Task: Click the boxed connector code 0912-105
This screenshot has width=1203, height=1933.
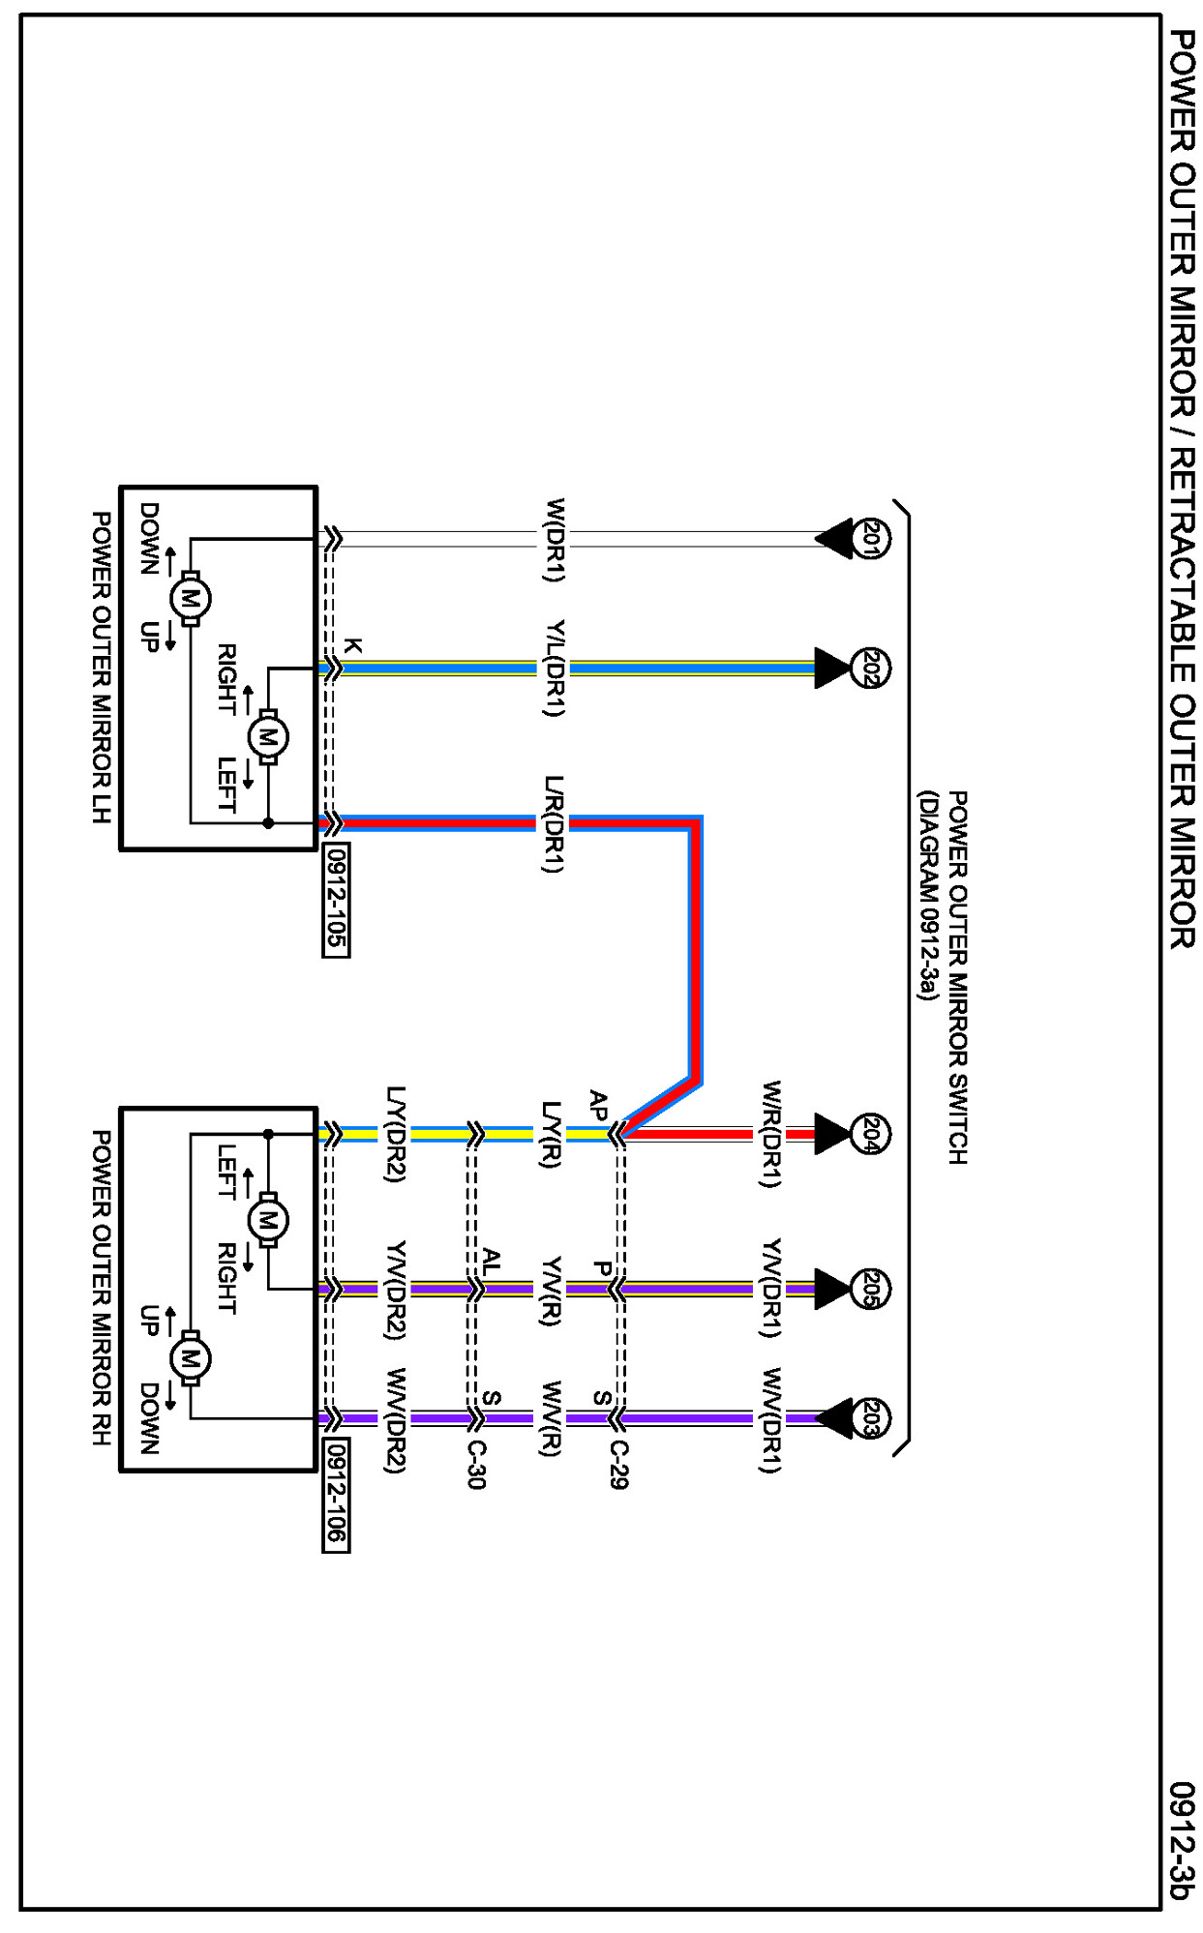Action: (x=336, y=901)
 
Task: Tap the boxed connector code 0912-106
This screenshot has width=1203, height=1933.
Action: (x=336, y=1496)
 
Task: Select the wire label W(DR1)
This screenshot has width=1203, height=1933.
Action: (x=554, y=540)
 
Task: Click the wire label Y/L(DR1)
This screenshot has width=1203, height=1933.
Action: (x=554, y=669)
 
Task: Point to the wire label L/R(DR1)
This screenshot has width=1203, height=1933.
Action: (x=554, y=823)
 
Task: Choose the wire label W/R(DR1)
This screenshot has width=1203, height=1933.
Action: (x=770, y=1134)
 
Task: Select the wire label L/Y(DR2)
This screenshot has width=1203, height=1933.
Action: (x=395, y=1134)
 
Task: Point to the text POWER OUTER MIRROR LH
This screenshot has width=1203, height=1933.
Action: (x=102, y=668)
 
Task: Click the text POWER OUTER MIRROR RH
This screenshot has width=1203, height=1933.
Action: (x=102, y=1288)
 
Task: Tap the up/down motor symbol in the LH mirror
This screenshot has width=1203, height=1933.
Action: (x=190, y=599)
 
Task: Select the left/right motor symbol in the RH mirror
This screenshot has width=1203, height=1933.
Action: (x=267, y=1220)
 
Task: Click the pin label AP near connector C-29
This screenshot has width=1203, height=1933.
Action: (x=599, y=1105)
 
